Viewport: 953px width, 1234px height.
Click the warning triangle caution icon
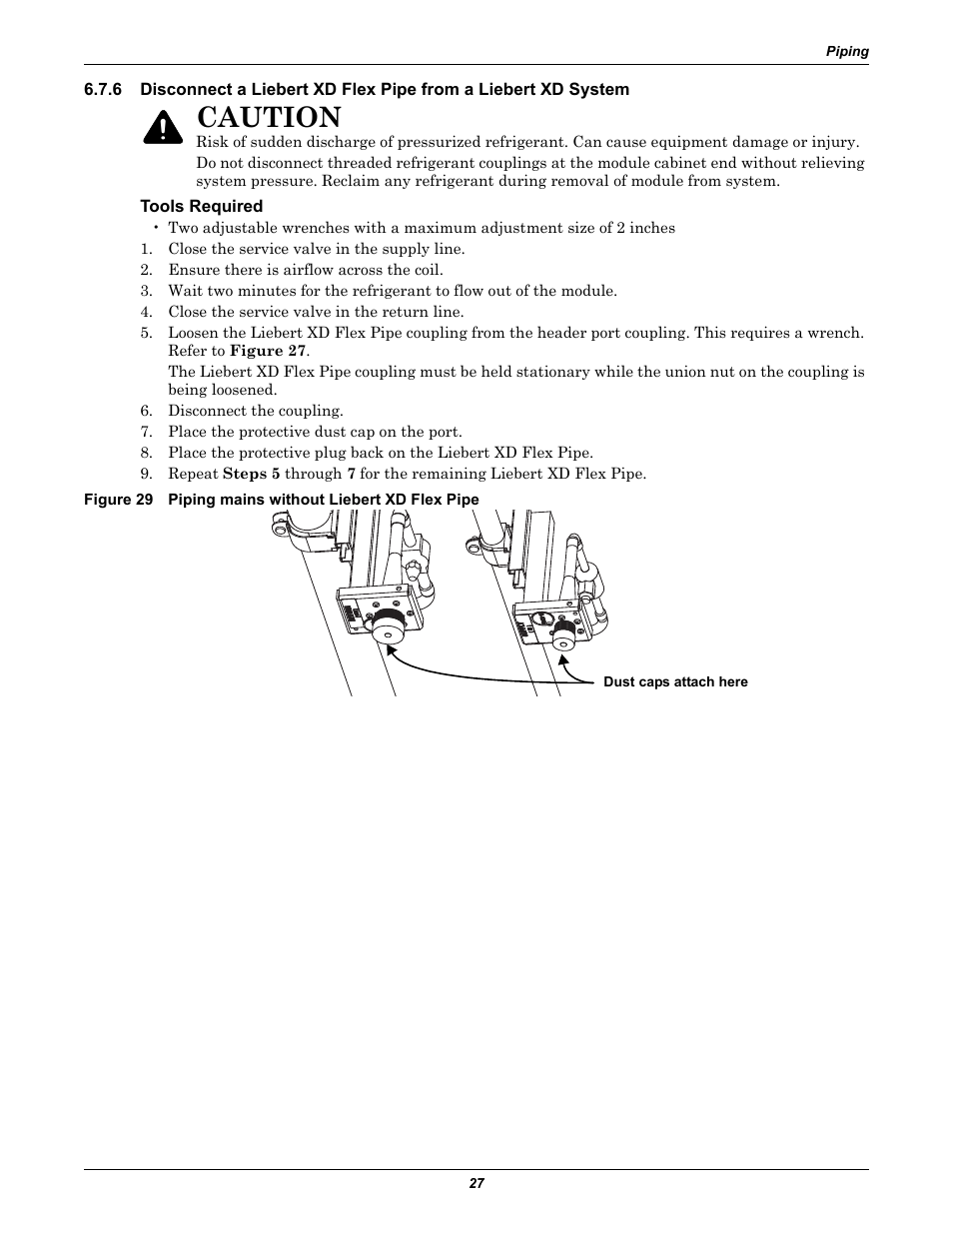[160, 127]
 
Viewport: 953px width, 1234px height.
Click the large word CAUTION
[269, 119]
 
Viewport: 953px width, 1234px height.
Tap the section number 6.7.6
[103, 89]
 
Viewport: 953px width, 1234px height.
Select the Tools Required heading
[201, 206]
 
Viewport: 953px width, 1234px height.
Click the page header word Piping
[846, 52]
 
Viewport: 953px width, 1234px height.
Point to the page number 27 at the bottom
[476, 1183]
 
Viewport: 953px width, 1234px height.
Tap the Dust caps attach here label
[675, 681]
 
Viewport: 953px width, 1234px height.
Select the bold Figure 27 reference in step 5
[268, 351]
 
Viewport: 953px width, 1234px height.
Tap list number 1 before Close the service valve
[145, 249]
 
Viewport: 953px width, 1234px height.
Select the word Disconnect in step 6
[206, 411]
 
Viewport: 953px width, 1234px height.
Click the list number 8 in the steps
[145, 453]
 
